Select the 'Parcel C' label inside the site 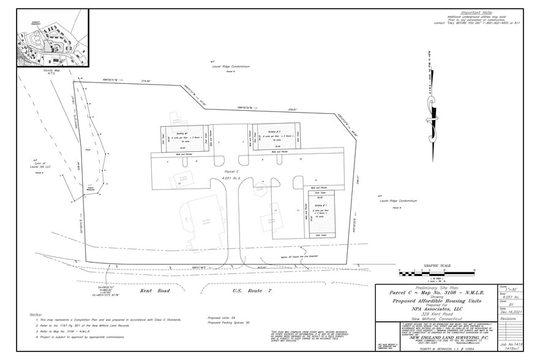231,171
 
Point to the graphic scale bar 436,272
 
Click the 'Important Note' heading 478,12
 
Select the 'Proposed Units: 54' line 222,318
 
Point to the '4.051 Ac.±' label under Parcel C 231,178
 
